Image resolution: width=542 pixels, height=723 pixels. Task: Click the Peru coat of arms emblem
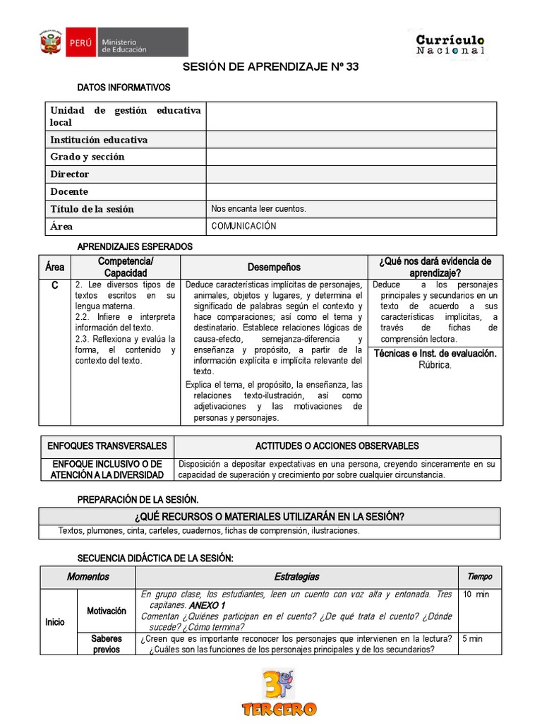click(x=51, y=42)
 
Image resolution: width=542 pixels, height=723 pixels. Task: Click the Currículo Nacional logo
click(x=450, y=44)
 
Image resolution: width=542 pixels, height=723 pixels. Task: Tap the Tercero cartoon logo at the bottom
click(x=279, y=692)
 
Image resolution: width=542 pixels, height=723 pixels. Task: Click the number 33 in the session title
click(x=351, y=67)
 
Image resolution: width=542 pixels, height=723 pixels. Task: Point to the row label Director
click(x=70, y=174)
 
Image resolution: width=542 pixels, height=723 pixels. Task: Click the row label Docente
click(x=69, y=192)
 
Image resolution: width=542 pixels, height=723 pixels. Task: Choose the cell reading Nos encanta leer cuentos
click(x=259, y=209)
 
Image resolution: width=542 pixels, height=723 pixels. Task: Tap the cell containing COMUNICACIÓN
click(x=244, y=227)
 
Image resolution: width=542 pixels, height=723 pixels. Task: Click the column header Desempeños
click(x=274, y=267)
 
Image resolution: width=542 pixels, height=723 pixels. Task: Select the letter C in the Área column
click(x=54, y=285)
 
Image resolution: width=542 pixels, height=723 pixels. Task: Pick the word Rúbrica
click(x=435, y=365)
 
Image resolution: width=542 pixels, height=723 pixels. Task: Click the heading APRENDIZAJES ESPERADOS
click(x=134, y=246)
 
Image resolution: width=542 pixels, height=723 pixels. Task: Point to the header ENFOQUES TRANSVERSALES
click(x=107, y=446)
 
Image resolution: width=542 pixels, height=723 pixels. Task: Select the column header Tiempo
click(x=480, y=577)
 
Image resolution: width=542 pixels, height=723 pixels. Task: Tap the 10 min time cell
click(x=476, y=594)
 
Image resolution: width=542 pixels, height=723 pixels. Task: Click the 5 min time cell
click(x=473, y=639)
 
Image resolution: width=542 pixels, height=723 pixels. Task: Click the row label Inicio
click(x=55, y=622)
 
